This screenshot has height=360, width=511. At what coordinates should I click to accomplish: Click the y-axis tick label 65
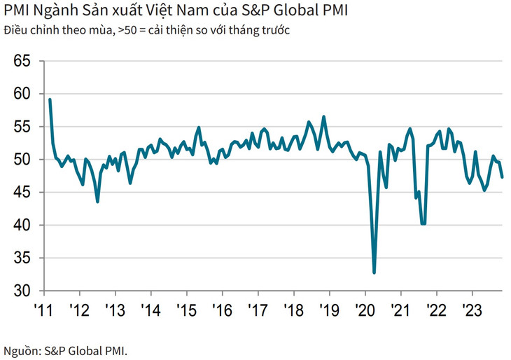tap(22, 62)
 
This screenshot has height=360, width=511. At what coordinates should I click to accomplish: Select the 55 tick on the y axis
tap(22, 127)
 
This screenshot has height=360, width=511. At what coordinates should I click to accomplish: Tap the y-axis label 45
tap(22, 193)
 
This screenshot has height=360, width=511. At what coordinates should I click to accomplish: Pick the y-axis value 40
tap(22, 226)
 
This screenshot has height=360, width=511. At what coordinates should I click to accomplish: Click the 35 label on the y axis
tap(22, 258)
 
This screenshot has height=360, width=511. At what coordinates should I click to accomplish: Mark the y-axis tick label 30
tap(22, 291)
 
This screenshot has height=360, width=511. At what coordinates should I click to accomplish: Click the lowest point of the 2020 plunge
tap(374, 272)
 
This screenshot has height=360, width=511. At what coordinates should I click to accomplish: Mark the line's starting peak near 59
tap(50, 99)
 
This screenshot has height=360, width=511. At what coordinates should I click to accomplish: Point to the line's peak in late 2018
tap(323, 117)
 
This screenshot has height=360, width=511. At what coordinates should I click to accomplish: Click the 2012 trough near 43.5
tap(97, 202)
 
